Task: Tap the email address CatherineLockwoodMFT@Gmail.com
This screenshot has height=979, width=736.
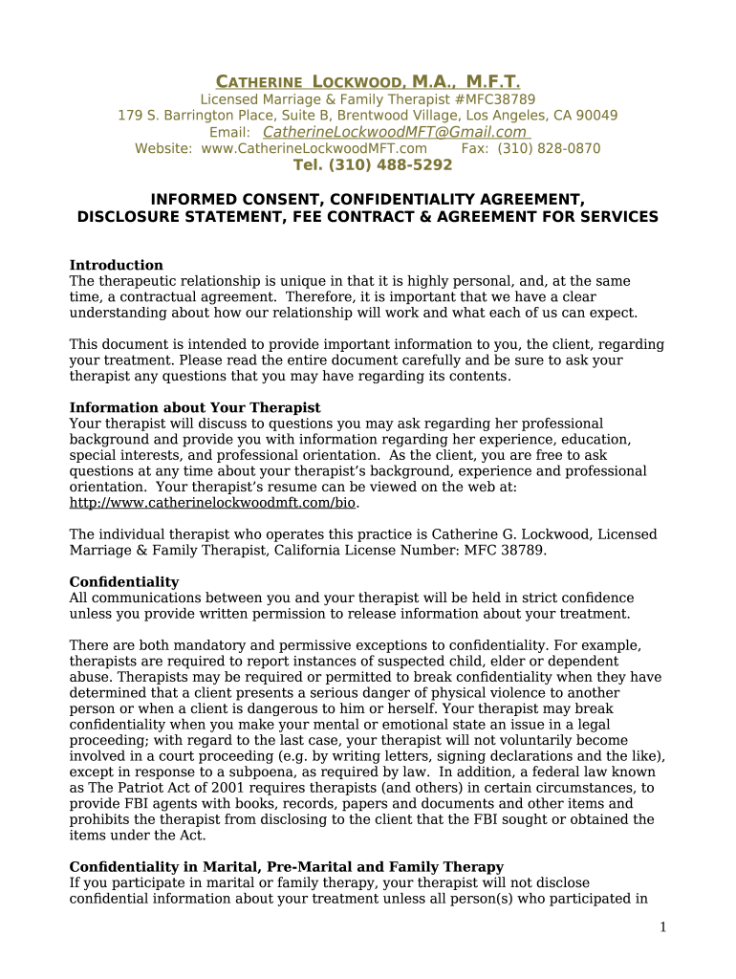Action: click(x=395, y=132)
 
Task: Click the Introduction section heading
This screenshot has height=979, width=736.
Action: click(x=117, y=265)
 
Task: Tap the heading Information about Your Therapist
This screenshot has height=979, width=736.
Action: click(x=195, y=407)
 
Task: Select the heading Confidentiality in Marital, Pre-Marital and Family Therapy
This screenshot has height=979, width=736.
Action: click(x=287, y=867)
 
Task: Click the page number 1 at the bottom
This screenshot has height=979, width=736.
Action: click(x=662, y=927)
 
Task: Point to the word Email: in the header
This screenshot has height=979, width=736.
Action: click(x=229, y=132)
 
